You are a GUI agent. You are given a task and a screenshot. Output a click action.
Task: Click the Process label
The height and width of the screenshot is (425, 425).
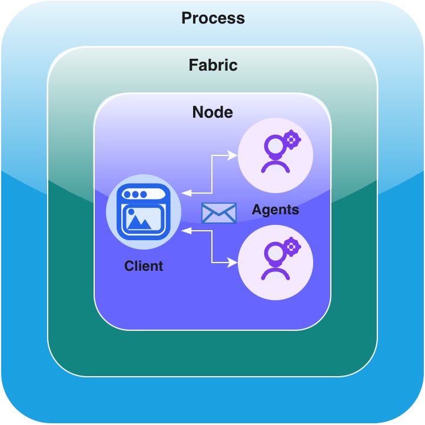tap(213, 18)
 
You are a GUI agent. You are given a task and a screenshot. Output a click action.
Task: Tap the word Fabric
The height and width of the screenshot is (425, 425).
tap(213, 65)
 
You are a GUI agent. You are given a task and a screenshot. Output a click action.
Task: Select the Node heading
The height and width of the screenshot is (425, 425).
tap(213, 112)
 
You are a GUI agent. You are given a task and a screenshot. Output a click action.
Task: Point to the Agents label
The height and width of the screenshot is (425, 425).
tap(275, 210)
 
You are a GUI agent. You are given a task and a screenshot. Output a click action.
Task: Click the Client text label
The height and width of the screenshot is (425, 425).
tap(144, 266)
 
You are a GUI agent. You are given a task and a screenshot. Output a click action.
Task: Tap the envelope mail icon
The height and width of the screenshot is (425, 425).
tap(218, 213)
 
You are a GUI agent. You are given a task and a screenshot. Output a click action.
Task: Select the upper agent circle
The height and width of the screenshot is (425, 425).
tap(275, 155)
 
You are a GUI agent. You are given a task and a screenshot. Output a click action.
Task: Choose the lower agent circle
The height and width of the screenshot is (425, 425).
tap(275, 261)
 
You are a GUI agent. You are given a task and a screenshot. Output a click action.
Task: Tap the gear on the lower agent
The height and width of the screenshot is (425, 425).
tap(291, 247)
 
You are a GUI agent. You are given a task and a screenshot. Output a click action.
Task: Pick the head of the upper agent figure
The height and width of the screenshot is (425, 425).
tap(274, 144)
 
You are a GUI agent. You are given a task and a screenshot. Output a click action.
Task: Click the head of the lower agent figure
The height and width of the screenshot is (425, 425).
tap(274, 251)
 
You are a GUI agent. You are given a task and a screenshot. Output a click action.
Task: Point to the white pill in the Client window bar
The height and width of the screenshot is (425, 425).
tap(155, 194)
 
